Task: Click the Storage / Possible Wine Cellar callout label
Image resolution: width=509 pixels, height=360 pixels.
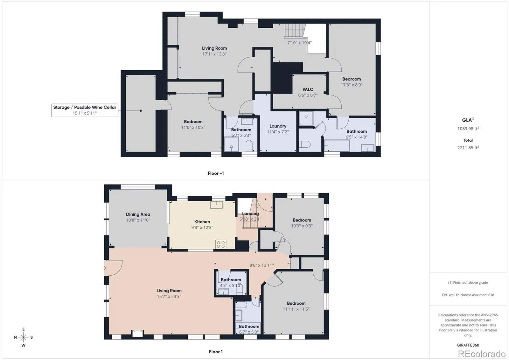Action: point(85,110)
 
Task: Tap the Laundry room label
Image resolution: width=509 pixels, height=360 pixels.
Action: point(278,126)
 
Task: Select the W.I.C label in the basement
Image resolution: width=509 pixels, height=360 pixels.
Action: point(308,89)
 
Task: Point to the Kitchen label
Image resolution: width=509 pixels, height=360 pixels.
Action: point(202,222)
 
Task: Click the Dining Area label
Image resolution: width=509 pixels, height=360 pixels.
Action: point(138,214)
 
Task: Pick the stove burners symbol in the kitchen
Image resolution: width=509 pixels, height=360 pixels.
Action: point(221,244)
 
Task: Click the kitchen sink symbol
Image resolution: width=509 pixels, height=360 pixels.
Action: point(217,205)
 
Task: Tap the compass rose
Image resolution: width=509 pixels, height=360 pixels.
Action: point(24,337)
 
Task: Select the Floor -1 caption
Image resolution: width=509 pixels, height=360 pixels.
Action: point(216,173)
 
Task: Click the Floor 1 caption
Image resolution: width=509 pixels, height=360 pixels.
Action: point(216,352)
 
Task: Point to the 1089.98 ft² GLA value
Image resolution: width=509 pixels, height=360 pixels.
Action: point(468,129)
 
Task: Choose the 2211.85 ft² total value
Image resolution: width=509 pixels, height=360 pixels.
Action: point(468,148)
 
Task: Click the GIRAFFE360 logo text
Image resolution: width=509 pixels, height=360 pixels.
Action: point(468,345)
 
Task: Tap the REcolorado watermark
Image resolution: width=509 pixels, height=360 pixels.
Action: point(482,354)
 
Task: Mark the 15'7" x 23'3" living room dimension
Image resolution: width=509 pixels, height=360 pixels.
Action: point(169,296)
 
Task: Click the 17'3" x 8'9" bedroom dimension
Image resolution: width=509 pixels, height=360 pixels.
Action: point(352,85)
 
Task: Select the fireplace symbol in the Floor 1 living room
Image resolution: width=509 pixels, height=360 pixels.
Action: point(137,333)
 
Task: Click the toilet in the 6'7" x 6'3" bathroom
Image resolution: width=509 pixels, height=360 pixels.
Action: point(249,146)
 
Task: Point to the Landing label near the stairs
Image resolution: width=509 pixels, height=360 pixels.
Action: point(250,214)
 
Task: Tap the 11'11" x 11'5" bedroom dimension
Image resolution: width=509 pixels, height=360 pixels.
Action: point(296,309)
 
